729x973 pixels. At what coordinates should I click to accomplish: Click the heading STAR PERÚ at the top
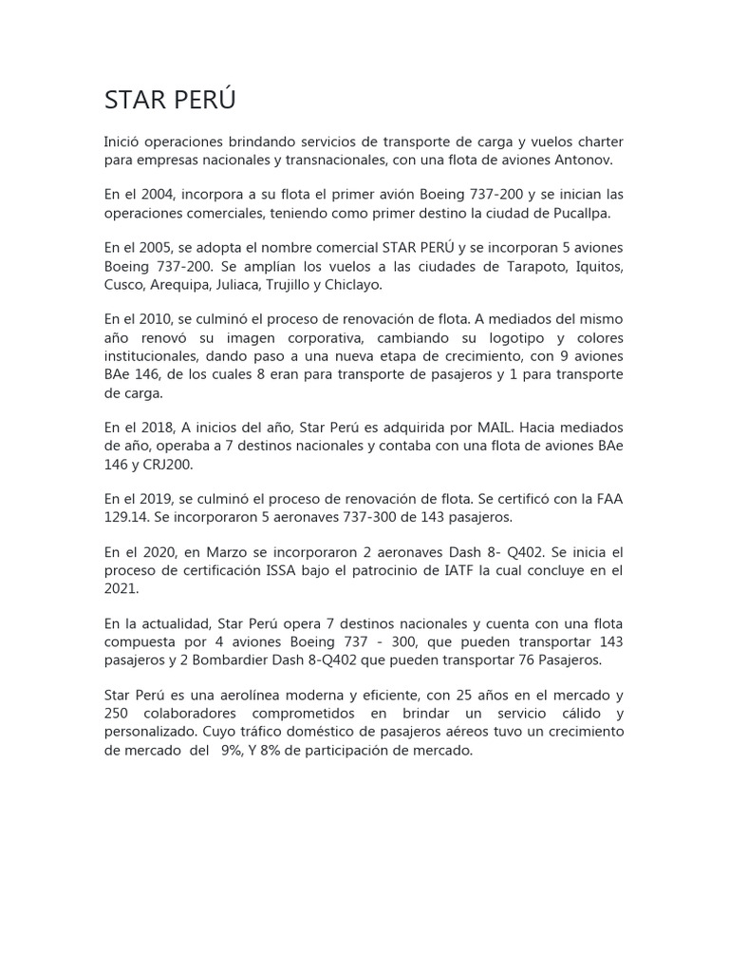click(170, 101)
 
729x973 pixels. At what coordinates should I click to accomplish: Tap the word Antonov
click(593, 160)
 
